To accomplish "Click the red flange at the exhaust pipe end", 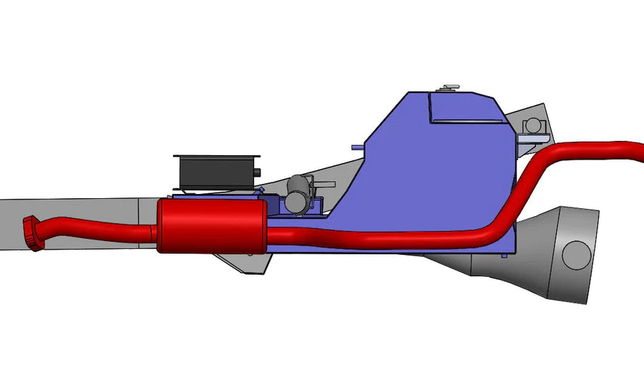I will (x=32, y=233).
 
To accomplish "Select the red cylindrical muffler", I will (x=212, y=225).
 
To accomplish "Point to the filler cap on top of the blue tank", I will (x=449, y=88).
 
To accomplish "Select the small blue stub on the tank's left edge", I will (x=356, y=147).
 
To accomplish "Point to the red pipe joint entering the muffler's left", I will (x=152, y=232).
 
